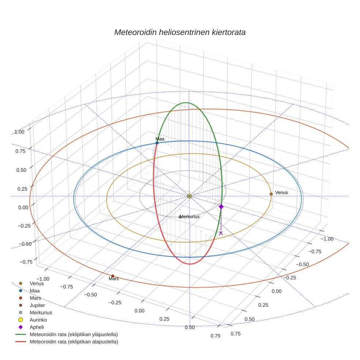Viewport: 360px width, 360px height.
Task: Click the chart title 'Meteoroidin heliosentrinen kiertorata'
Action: tap(180, 32)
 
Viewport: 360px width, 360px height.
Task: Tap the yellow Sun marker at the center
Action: tap(189, 196)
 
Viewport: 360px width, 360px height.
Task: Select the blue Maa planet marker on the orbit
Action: tap(157, 143)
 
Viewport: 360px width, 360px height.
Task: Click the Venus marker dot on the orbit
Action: tap(271, 194)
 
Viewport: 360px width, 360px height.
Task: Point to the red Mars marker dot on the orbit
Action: tap(113, 276)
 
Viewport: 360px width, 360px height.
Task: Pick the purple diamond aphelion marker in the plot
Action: tap(221, 207)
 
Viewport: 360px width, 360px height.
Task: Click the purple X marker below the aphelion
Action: tap(221, 233)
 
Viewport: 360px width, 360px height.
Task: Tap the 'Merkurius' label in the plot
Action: tap(190, 217)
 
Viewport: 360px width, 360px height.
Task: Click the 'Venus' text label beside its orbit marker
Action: tap(281, 193)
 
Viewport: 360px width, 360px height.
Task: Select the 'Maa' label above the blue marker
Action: tap(160, 139)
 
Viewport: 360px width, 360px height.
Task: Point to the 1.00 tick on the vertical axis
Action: tap(19, 132)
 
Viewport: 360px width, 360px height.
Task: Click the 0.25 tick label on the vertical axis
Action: tap(22, 189)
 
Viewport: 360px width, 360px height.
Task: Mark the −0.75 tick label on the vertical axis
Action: tap(26, 262)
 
